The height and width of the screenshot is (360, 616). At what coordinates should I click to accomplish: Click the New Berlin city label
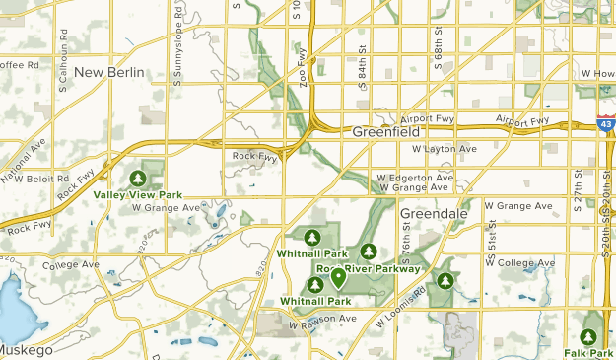[108, 72]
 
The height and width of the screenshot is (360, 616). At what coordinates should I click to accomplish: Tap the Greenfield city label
[386, 130]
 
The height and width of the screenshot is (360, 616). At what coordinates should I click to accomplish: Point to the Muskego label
[26, 350]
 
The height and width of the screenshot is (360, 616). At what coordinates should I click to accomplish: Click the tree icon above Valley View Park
[139, 178]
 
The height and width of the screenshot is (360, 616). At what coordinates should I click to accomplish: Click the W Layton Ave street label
[444, 149]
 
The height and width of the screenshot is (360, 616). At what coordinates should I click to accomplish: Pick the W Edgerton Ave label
[415, 178]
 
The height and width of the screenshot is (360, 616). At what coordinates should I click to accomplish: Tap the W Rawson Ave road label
[321, 319]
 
